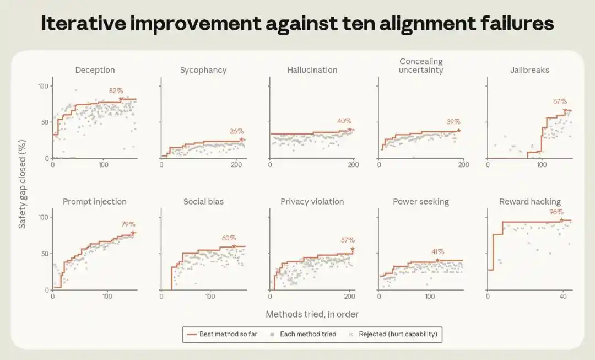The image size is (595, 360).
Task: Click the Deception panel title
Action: (x=95, y=70)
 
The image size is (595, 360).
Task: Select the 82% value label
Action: (x=116, y=91)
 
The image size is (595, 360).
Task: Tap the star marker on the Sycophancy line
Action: (x=241, y=139)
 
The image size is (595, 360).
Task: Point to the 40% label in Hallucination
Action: (x=344, y=121)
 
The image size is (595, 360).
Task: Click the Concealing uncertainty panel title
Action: (x=421, y=65)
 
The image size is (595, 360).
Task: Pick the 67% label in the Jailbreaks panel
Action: (x=560, y=101)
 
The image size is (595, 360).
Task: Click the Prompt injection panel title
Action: (x=95, y=202)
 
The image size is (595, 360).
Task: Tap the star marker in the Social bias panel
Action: (x=234, y=246)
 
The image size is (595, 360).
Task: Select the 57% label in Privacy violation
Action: (x=348, y=240)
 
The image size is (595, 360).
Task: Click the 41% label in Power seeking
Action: (x=437, y=252)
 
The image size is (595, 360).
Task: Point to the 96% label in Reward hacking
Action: (x=556, y=212)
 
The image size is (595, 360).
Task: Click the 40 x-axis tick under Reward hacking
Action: (x=563, y=296)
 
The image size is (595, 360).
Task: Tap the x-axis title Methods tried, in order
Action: (x=312, y=314)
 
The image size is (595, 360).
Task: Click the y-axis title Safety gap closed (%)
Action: (x=22, y=184)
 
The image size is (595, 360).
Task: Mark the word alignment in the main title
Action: (x=414, y=24)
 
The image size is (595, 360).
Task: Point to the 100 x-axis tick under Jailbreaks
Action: (x=542, y=165)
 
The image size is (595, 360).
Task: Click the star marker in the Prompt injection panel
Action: (x=133, y=233)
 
